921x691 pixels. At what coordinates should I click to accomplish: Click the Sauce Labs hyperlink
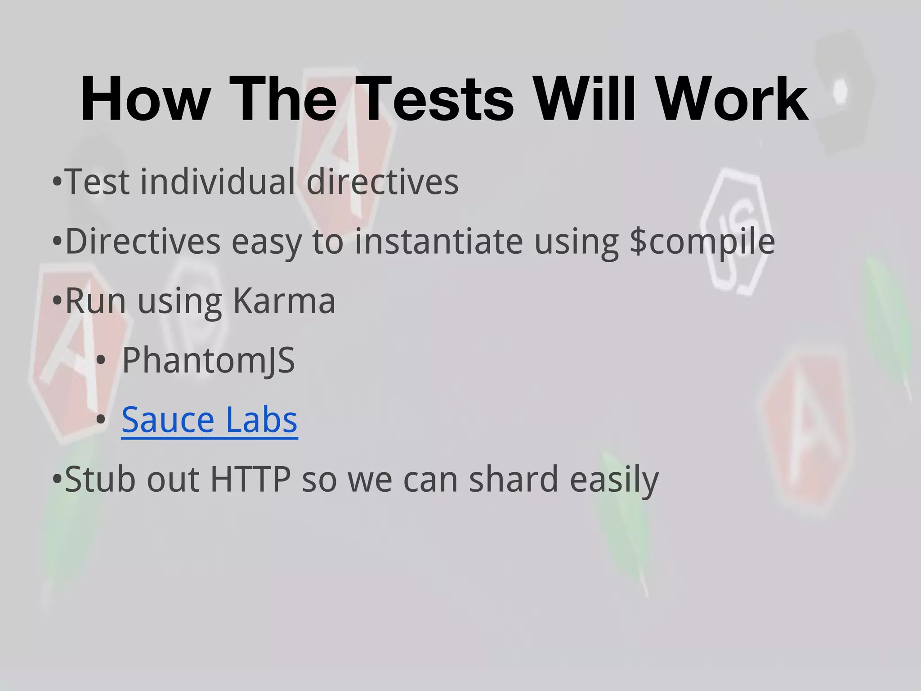210,419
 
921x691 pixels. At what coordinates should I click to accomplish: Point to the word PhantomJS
208,360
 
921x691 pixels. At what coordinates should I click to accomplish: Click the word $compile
702,242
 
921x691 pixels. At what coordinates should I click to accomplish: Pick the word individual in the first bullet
218,182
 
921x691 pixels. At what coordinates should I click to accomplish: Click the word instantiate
439,242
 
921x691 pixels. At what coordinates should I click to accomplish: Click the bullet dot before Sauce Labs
101,420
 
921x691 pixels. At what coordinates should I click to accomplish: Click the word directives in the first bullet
382,182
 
